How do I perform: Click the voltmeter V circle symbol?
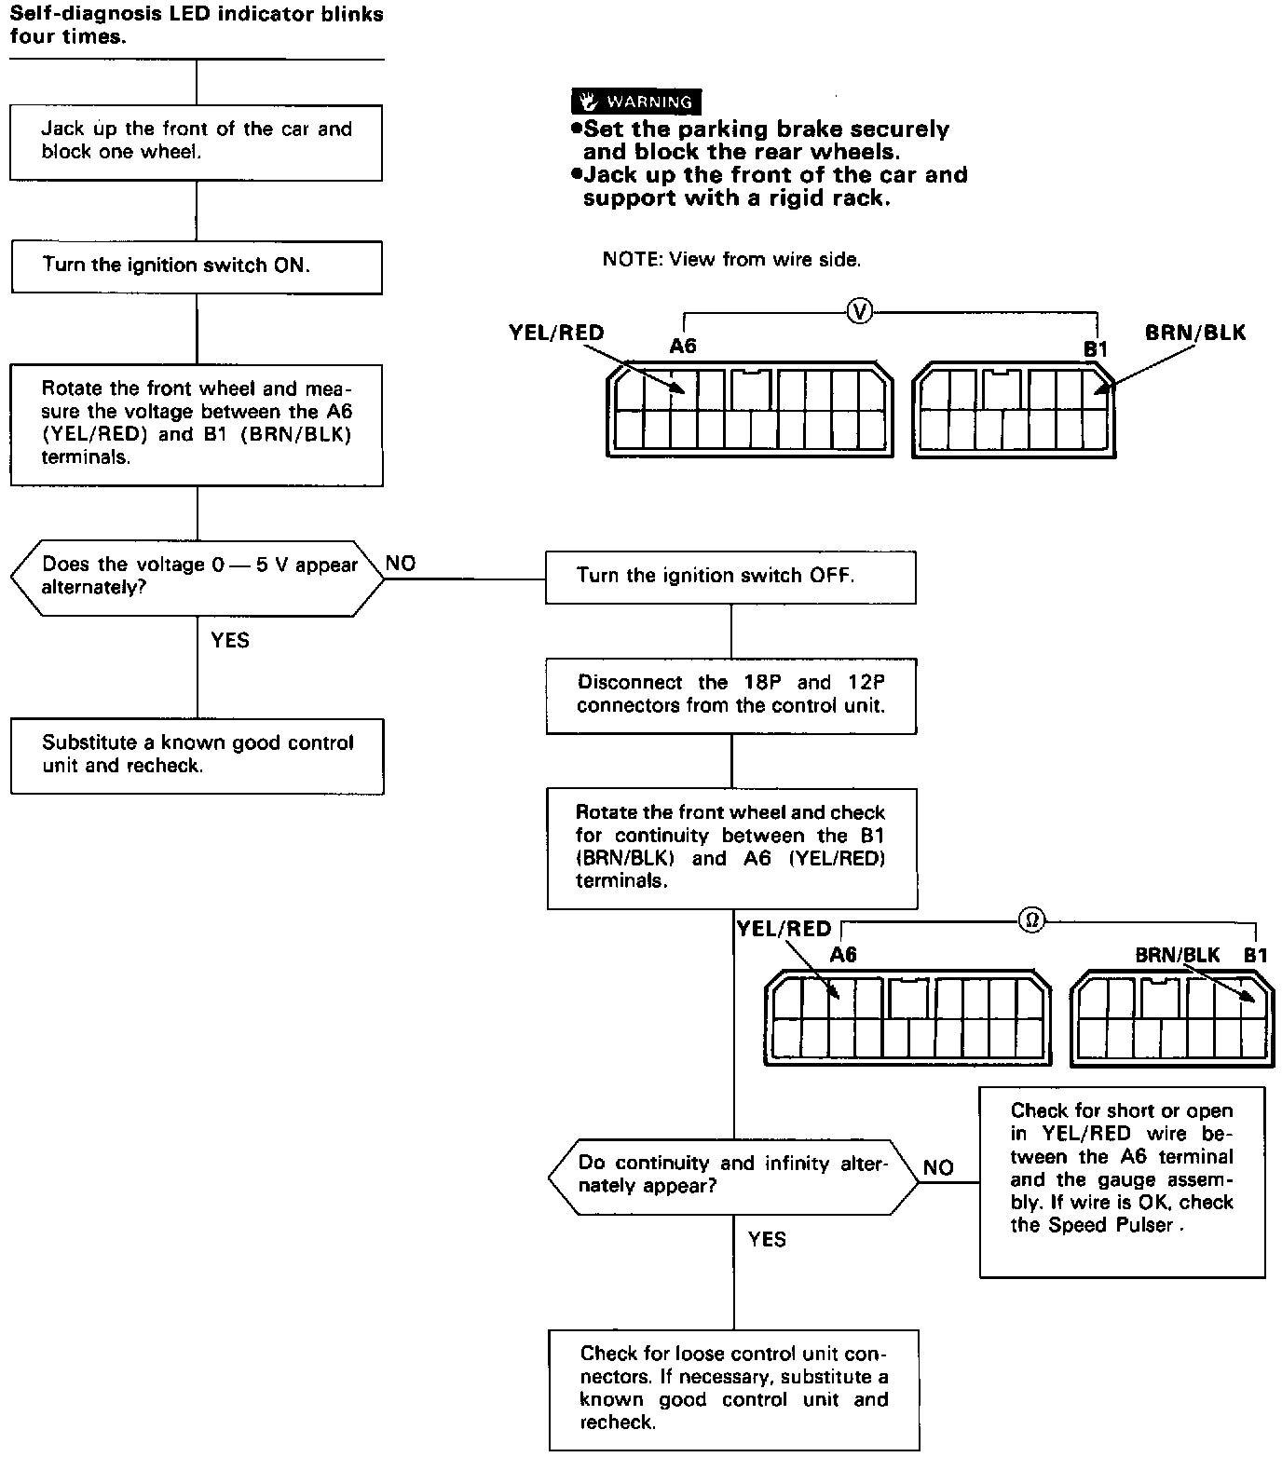860,312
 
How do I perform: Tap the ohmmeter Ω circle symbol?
1030,919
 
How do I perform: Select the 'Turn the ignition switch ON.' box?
197,267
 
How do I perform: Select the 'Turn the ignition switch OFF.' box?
730,578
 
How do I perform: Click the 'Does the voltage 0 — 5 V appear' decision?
197,578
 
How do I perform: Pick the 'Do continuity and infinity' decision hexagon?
733,1176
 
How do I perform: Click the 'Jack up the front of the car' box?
197,142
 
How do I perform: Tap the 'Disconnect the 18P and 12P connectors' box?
730,695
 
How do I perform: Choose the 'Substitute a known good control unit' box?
197,756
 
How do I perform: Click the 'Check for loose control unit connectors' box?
733,1388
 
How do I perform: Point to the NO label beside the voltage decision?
401,564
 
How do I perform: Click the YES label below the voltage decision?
230,640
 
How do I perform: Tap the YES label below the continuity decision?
767,1239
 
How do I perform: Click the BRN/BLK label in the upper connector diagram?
1195,333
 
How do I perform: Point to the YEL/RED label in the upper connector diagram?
556,333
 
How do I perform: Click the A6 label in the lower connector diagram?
843,955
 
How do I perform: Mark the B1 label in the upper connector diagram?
1095,349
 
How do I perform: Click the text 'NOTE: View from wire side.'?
731,260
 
